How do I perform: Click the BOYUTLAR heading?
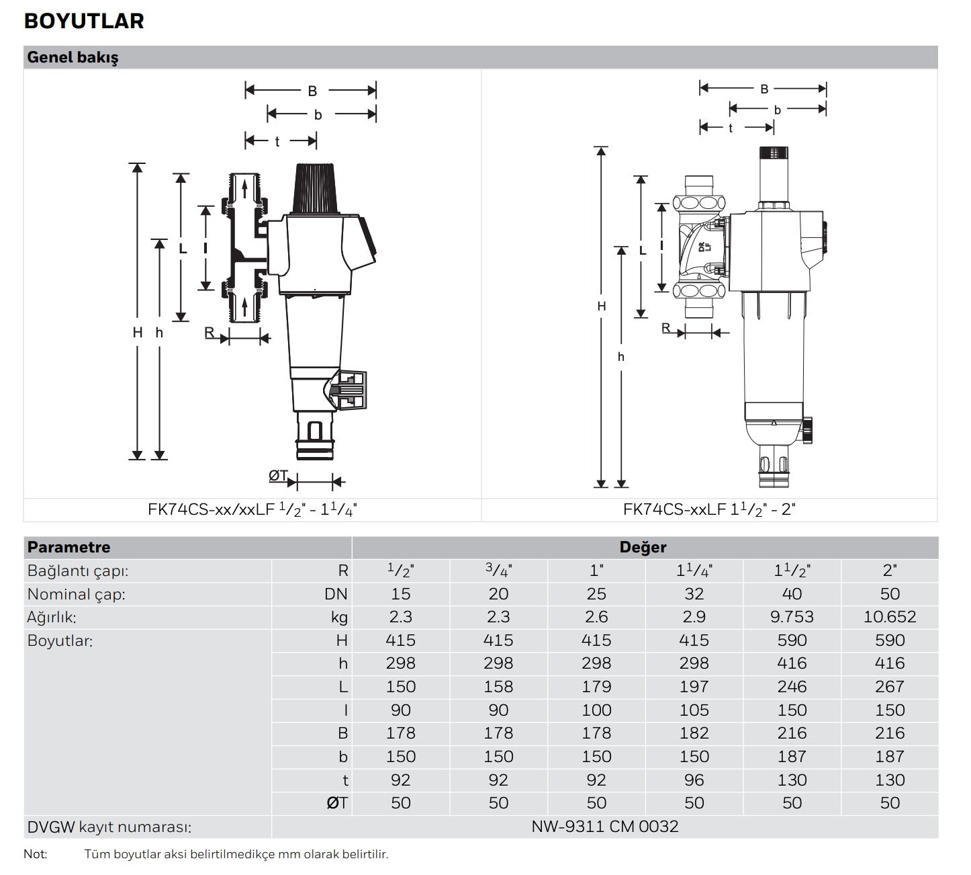click(84, 21)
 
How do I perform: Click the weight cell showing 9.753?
click(792, 617)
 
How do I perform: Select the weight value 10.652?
click(889, 617)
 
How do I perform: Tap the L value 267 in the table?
click(889, 687)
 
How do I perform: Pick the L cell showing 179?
click(596, 687)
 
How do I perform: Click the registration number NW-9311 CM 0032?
click(604, 826)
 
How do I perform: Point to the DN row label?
click(336, 594)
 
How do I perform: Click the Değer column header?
click(643, 547)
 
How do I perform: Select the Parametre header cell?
click(68, 547)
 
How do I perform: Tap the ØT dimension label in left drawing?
click(278, 476)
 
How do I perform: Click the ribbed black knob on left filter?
click(315, 187)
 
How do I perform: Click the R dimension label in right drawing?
click(665, 328)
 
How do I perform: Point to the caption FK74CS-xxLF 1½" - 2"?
click(708, 509)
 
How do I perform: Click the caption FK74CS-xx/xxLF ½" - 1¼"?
click(252, 509)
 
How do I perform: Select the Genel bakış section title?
click(73, 58)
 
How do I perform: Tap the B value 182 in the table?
click(694, 733)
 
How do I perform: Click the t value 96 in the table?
click(694, 780)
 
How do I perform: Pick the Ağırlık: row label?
click(52, 617)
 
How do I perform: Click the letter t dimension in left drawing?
click(277, 142)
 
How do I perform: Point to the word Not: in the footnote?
click(35, 854)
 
